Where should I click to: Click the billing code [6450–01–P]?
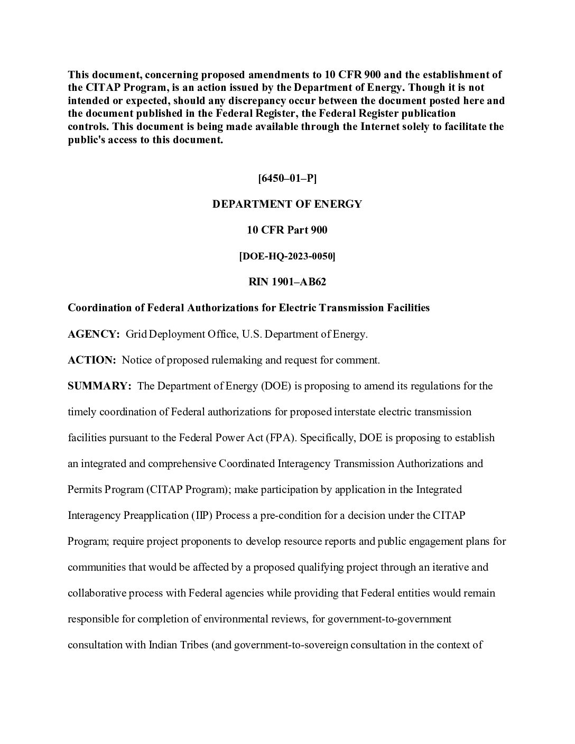[x=287, y=178]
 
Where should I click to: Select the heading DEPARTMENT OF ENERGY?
[x=287, y=204]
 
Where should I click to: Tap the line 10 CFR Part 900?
[x=287, y=230]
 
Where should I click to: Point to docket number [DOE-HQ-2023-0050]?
[x=287, y=256]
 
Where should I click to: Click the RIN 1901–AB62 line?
[x=287, y=282]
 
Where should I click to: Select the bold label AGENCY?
[x=94, y=334]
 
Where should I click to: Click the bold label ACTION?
[x=91, y=360]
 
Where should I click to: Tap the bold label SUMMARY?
[x=99, y=386]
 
